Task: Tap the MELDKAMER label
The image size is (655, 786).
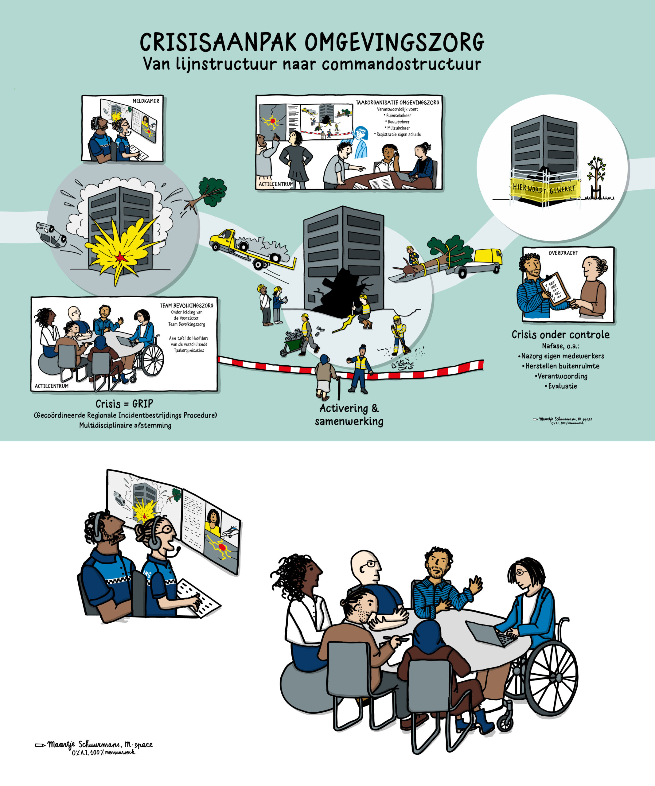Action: [x=146, y=101]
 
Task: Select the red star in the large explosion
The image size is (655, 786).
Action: [x=120, y=257]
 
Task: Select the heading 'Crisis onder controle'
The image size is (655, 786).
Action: [x=560, y=335]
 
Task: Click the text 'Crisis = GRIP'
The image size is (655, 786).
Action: [x=124, y=404]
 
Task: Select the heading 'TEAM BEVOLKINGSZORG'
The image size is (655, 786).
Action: [x=186, y=305]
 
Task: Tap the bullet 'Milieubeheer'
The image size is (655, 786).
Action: [x=398, y=128]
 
